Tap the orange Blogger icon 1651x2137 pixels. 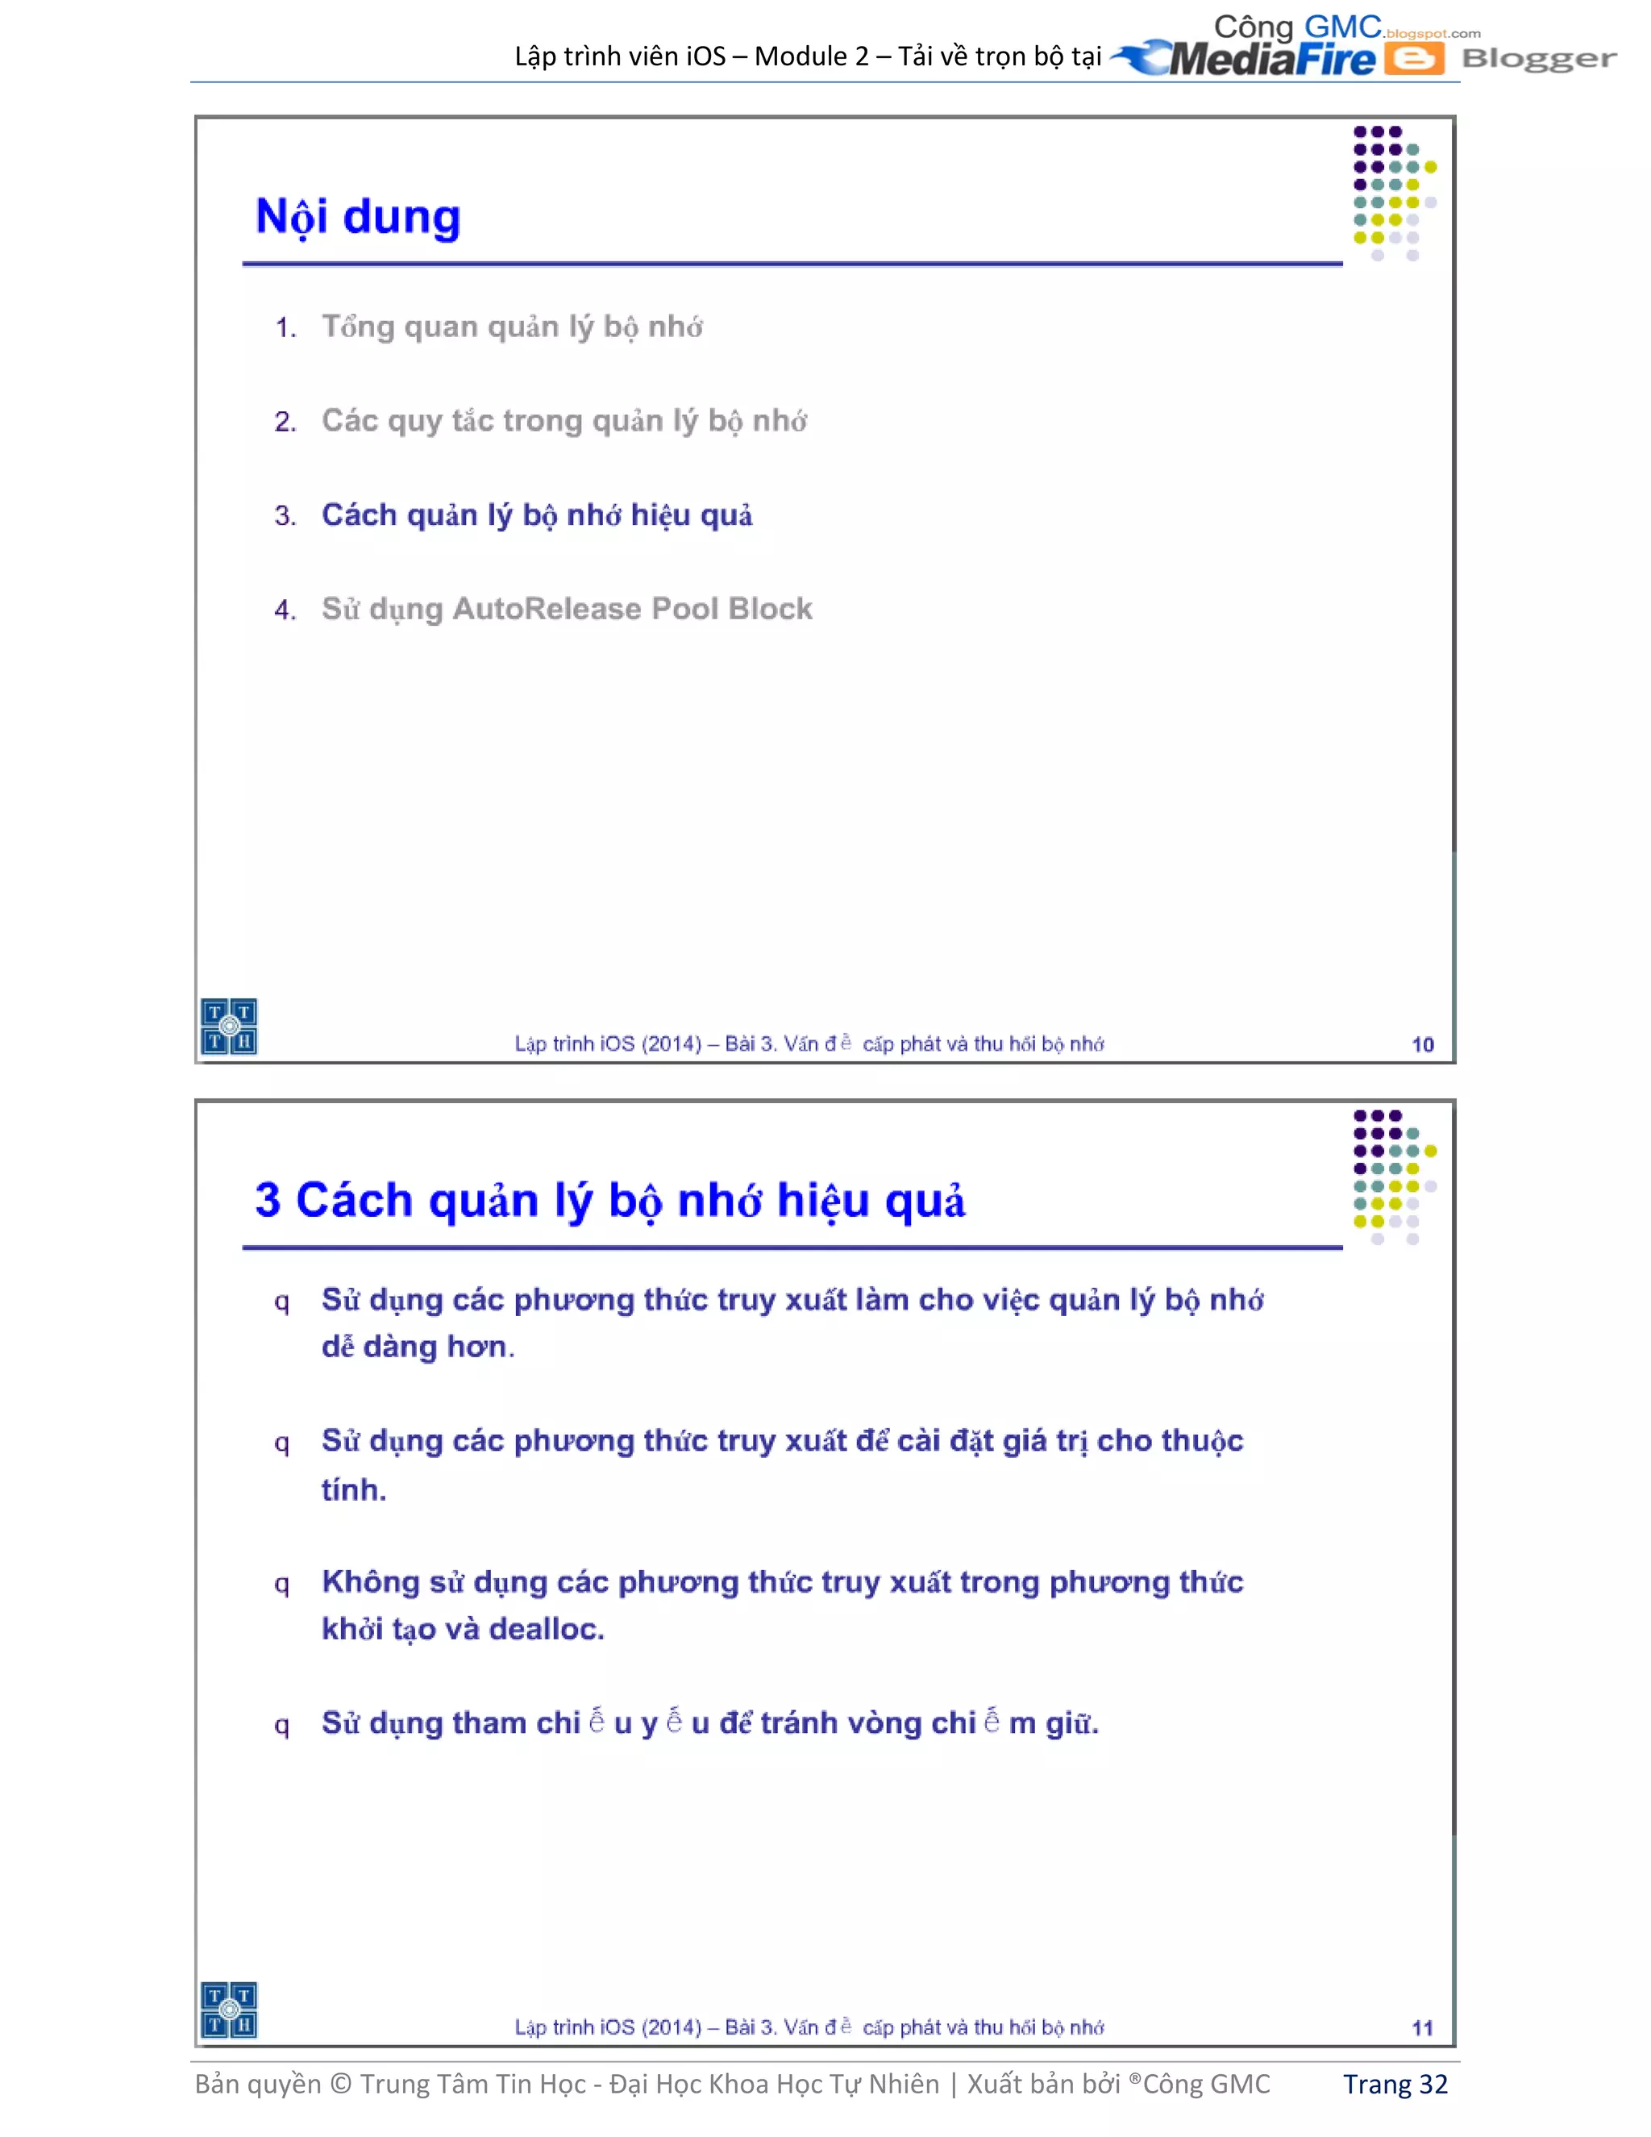point(1413,59)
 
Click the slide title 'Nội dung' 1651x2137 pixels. point(357,217)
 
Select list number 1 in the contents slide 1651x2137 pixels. point(285,327)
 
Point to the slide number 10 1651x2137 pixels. point(1422,1044)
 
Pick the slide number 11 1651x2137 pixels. point(1422,2027)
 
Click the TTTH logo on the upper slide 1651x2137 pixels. point(229,1027)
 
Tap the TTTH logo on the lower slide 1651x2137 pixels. point(229,2010)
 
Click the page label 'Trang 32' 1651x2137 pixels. point(1395,2084)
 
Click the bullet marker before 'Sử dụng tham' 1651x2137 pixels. point(281,1725)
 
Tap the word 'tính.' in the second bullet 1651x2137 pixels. point(354,1489)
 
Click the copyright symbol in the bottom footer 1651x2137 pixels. point(340,2084)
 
